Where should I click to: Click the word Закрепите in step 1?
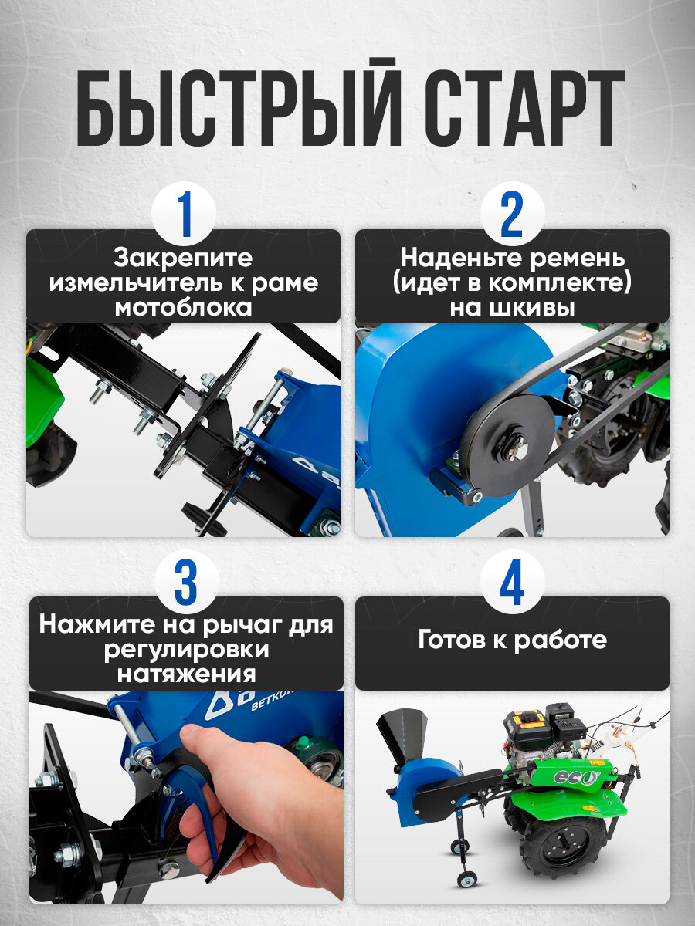183,259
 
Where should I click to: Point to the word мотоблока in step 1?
183,308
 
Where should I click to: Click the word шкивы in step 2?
512,309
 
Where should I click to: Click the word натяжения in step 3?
186,674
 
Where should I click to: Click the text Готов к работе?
512,640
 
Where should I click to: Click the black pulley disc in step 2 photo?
507,446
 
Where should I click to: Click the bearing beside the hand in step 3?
319,763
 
